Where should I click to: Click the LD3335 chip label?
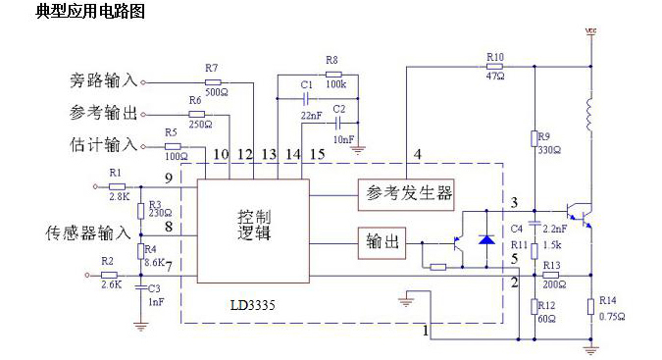(x=254, y=305)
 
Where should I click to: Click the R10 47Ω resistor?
(x=494, y=68)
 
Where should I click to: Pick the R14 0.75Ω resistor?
(x=591, y=307)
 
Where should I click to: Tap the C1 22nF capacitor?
(x=307, y=99)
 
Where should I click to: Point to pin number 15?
(x=316, y=154)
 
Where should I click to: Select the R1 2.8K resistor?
(x=117, y=183)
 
